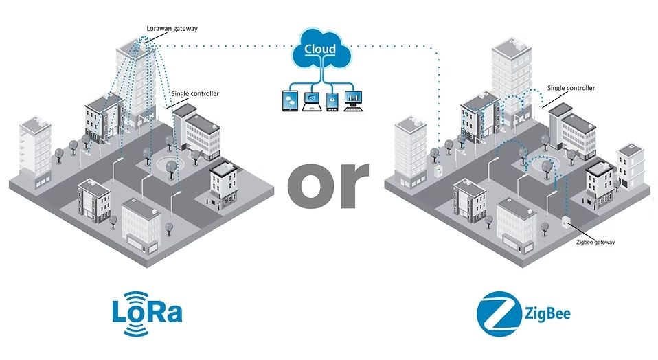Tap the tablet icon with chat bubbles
tap(288, 101)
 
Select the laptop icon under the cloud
tap(312, 101)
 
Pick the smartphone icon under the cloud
tap(333, 100)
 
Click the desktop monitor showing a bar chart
tap(353, 100)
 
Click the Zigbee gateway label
tap(594, 243)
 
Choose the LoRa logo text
tap(148, 313)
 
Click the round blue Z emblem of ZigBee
tap(497, 313)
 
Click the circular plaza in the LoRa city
tap(168, 165)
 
